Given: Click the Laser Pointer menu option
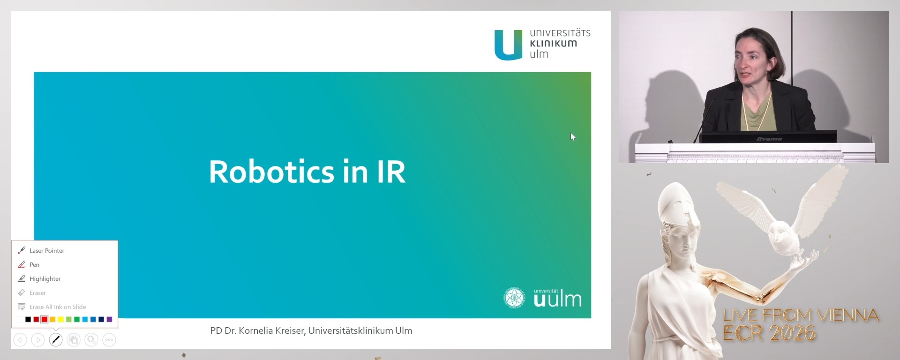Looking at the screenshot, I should (x=46, y=251).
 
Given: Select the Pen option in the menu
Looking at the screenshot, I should (x=34, y=265).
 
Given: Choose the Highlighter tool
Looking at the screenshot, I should (x=45, y=279).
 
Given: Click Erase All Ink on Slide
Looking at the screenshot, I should (x=57, y=307).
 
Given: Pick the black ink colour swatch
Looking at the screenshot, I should (x=28, y=320).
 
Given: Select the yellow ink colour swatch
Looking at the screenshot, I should (x=60, y=320).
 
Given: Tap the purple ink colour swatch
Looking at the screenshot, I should (x=109, y=320).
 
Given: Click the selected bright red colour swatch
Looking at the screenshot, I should (x=44, y=320).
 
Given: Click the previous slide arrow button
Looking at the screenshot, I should (x=20, y=340).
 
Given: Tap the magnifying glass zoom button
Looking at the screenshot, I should (x=91, y=340).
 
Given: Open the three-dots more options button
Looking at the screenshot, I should (x=109, y=340).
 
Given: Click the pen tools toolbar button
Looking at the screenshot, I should (x=56, y=340).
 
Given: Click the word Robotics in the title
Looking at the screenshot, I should (x=271, y=172).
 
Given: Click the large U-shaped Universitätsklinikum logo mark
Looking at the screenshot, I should (x=508, y=45).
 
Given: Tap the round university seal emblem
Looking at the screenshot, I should (x=514, y=298).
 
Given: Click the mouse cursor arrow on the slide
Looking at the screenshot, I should (x=573, y=137).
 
